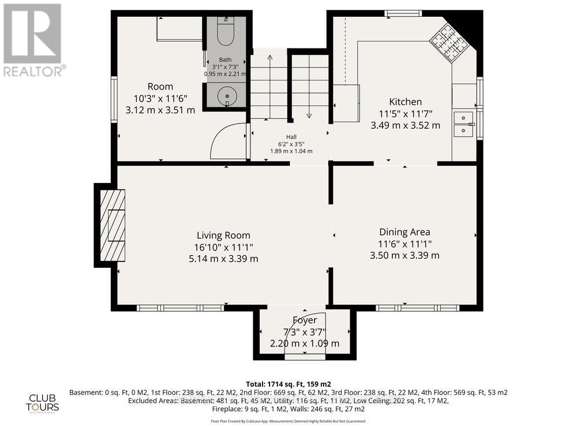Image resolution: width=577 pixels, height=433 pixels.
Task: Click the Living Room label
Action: (223, 235)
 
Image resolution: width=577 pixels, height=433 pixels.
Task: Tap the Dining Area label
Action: (404, 232)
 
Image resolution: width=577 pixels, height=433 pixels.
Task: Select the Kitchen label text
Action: (405, 102)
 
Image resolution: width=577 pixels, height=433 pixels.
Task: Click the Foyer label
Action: (304, 320)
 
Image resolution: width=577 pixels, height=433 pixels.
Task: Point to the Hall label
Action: (291, 137)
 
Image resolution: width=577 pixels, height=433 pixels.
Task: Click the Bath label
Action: (225, 60)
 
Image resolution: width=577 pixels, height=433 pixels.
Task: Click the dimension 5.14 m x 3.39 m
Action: (223, 259)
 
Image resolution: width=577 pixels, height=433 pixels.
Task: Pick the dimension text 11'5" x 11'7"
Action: (405, 113)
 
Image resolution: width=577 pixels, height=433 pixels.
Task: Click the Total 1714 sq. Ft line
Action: (288, 384)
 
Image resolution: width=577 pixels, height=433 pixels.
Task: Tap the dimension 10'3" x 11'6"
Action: (160, 98)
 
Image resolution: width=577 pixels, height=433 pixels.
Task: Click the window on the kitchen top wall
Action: (403, 13)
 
